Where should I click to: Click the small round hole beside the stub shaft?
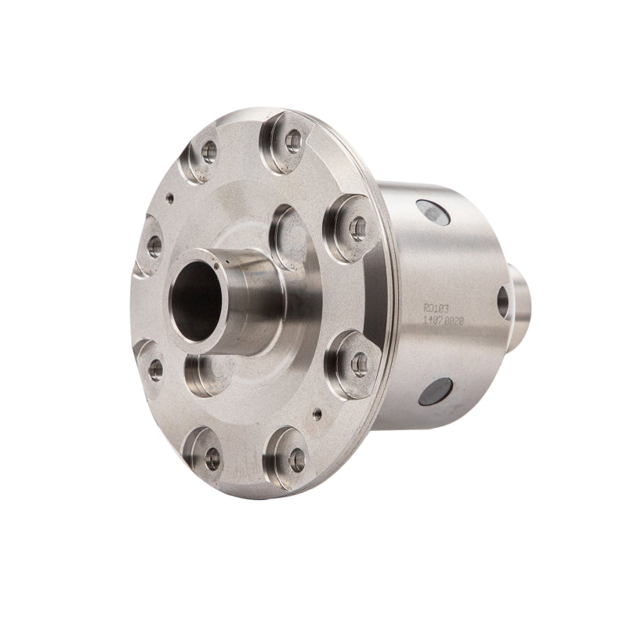(502, 301)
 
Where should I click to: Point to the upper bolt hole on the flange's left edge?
(154, 245)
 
